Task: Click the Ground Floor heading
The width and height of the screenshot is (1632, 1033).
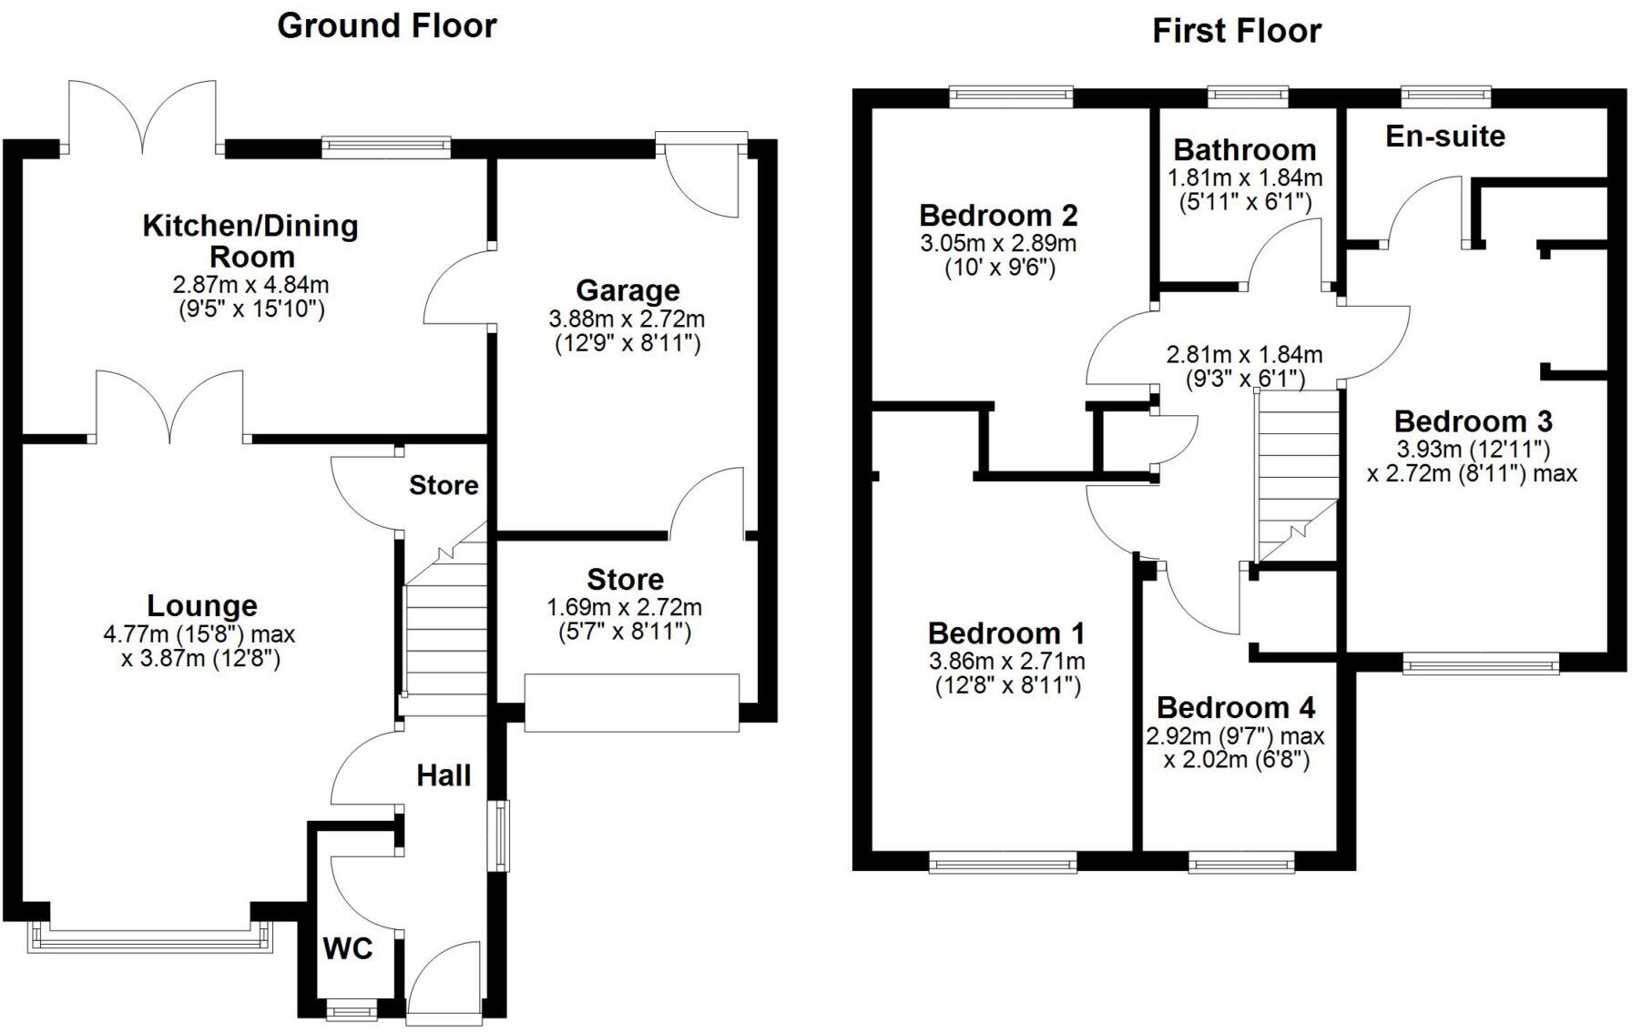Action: [386, 25]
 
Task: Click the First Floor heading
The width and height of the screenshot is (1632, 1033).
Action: [1236, 31]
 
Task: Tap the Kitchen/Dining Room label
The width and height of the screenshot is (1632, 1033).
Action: [250, 240]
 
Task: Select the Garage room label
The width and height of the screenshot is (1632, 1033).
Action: [627, 290]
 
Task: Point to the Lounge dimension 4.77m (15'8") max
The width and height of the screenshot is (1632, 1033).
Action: [199, 633]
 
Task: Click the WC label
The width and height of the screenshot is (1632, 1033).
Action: [348, 949]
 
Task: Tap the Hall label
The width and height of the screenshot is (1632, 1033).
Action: [444, 775]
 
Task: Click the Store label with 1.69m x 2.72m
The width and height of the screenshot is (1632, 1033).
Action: [625, 579]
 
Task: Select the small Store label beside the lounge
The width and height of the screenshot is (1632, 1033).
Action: [444, 485]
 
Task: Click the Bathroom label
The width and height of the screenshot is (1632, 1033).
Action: [1244, 149]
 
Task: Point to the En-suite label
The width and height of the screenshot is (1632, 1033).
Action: [1444, 137]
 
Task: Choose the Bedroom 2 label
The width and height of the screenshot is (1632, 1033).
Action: [998, 216]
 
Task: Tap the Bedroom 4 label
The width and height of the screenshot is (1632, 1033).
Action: [1236, 707]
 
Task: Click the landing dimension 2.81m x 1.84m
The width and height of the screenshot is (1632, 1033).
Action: [1244, 354]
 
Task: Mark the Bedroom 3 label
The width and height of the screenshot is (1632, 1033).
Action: [1473, 421]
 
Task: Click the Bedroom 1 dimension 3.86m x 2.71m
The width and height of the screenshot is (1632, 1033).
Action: [1006, 662]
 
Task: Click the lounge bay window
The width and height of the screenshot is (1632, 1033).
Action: [150, 937]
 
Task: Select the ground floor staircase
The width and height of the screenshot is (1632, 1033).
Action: [444, 628]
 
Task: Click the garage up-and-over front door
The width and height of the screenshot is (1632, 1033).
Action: [631, 703]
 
